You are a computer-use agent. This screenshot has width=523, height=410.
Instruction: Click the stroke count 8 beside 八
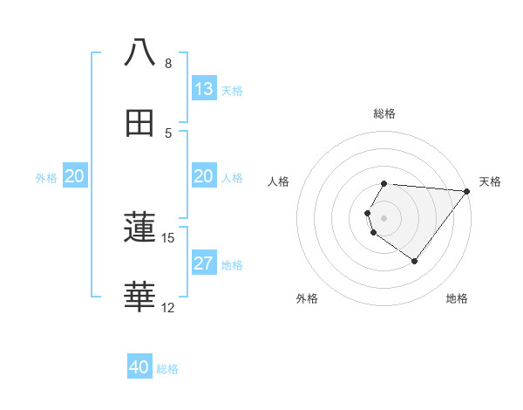pos(168,64)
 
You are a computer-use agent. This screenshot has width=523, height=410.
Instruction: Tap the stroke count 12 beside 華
pos(168,307)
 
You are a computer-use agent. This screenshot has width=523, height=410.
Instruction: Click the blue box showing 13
pos(204,89)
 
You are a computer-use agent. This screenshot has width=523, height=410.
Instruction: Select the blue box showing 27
pos(204,263)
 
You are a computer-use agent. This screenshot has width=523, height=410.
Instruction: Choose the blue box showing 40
pos(139,367)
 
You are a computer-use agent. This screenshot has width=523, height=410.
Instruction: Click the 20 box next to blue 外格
pos(75,176)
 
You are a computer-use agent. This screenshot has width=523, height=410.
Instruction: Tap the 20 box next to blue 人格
pos(204,176)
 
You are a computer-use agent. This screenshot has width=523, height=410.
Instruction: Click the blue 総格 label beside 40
pos(167,369)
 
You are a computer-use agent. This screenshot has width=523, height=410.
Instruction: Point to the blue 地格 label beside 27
pos(232,265)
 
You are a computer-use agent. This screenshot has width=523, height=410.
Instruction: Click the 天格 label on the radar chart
pos(491,181)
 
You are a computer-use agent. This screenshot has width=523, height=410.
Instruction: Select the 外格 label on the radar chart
pos(307,298)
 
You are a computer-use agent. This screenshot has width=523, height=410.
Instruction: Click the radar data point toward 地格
pos(415,261)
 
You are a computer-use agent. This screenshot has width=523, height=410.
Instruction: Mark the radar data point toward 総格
pos(384,183)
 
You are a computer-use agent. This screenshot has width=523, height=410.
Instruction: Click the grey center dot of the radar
pos(384,217)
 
